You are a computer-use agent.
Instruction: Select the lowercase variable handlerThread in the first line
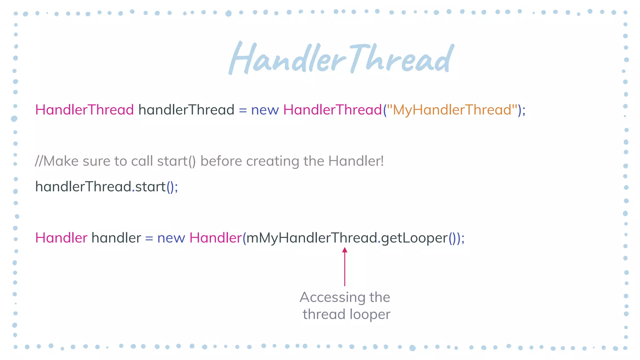pyautogui.click(x=186, y=110)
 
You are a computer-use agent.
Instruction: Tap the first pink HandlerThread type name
pyautogui.click(x=84, y=110)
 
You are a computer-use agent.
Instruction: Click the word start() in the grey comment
pyautogui.click(x=176, y=161)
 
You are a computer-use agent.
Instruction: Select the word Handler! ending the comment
pyautogui.click(x=356, y=161)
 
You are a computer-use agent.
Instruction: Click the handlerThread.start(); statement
pyautogui.click(x=106, y=187)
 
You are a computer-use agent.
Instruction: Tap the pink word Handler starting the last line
pyautogui.click(x=61, y=238)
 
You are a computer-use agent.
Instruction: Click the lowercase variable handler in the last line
pyautogui.click(x=116, y=238)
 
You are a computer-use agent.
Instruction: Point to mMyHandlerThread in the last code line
pyautogui.click(x=312, y=238)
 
